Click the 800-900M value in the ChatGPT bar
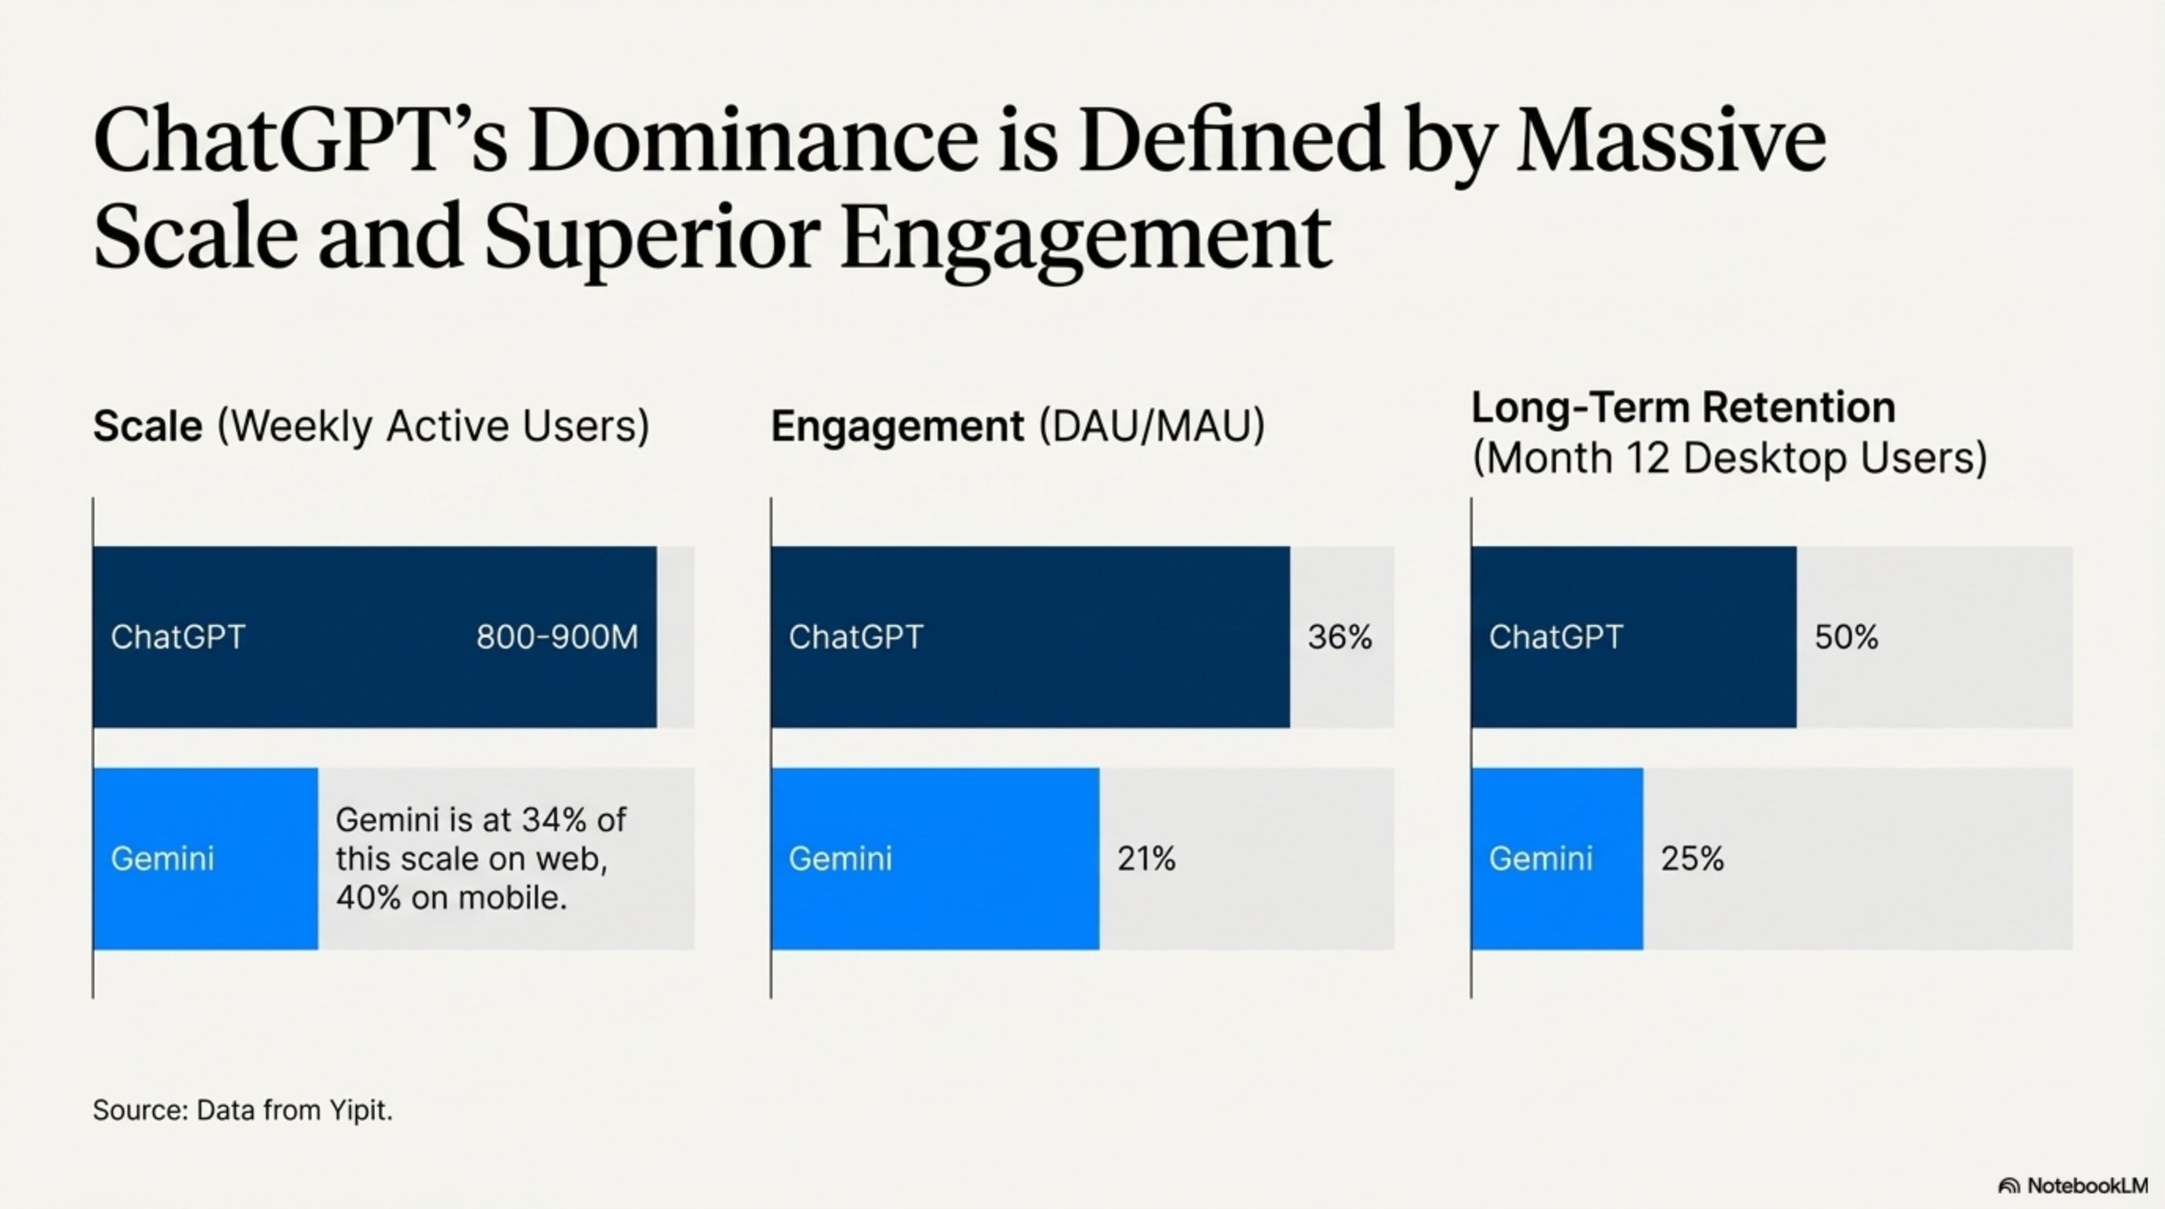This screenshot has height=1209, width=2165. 556,638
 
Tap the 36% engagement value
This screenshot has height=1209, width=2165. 1340,638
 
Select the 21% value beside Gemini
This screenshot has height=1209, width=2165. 1146,859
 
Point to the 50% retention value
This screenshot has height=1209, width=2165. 1846,638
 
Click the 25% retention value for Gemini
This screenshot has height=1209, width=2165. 1693,859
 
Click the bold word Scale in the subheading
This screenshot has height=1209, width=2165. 148,427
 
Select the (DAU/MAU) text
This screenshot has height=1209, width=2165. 1153,427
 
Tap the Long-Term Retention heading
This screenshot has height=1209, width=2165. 1684,408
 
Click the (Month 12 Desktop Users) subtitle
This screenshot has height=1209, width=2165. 1730,458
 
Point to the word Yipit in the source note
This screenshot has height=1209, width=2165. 360,1110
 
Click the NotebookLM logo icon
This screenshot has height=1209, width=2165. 2008,1185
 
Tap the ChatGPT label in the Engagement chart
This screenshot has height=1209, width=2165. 856,638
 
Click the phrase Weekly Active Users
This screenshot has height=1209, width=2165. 433,427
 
